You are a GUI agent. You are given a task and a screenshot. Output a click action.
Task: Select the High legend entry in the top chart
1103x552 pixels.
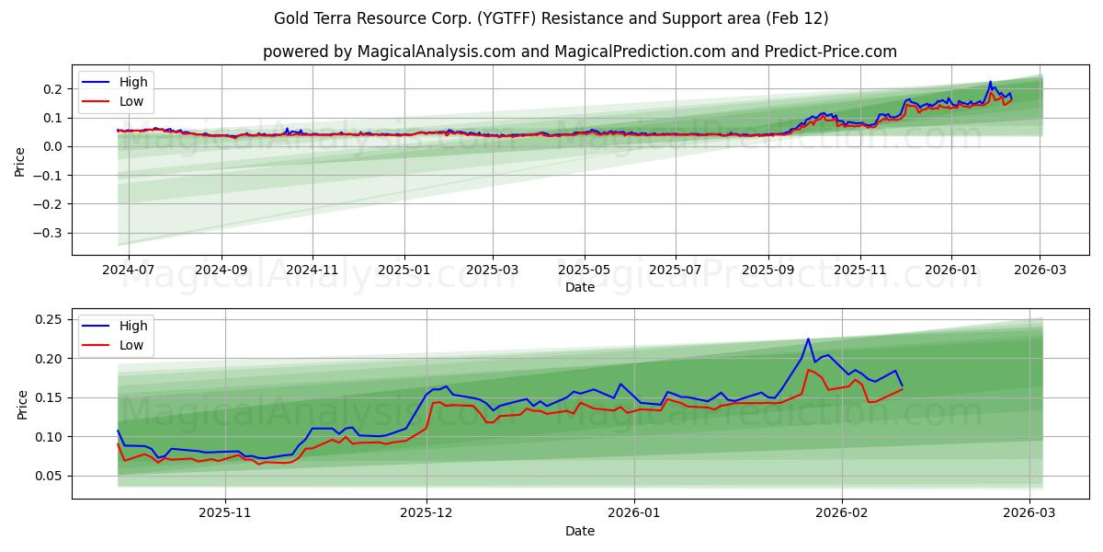[133, 82]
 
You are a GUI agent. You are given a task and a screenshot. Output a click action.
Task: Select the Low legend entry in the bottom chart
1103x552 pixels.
[131, 345]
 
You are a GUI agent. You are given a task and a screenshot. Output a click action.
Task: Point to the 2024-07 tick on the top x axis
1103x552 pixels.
[129, 270]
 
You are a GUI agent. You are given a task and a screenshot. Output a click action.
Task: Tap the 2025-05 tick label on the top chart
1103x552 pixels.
[585, 270]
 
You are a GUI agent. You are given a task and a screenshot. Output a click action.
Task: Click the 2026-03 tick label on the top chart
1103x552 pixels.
[1040, 270]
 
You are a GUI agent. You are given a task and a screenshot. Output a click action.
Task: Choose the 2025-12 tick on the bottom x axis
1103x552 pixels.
[426, 513]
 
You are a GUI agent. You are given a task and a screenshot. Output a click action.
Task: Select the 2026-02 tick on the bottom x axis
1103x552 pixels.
[842, 513]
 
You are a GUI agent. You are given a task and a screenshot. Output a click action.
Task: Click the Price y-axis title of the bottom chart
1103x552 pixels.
[22, 404]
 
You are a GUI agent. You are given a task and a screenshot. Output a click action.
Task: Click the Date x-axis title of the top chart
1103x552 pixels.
[580, 287]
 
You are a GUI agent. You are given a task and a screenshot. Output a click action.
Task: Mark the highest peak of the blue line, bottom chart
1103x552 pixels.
[808, 339]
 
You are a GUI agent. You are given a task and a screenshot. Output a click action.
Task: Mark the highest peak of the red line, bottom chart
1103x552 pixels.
[808, 370]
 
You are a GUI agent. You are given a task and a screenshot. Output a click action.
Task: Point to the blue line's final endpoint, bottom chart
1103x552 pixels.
[902, 385]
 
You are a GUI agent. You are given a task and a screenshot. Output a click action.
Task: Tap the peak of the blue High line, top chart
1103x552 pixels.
[990, 82]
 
